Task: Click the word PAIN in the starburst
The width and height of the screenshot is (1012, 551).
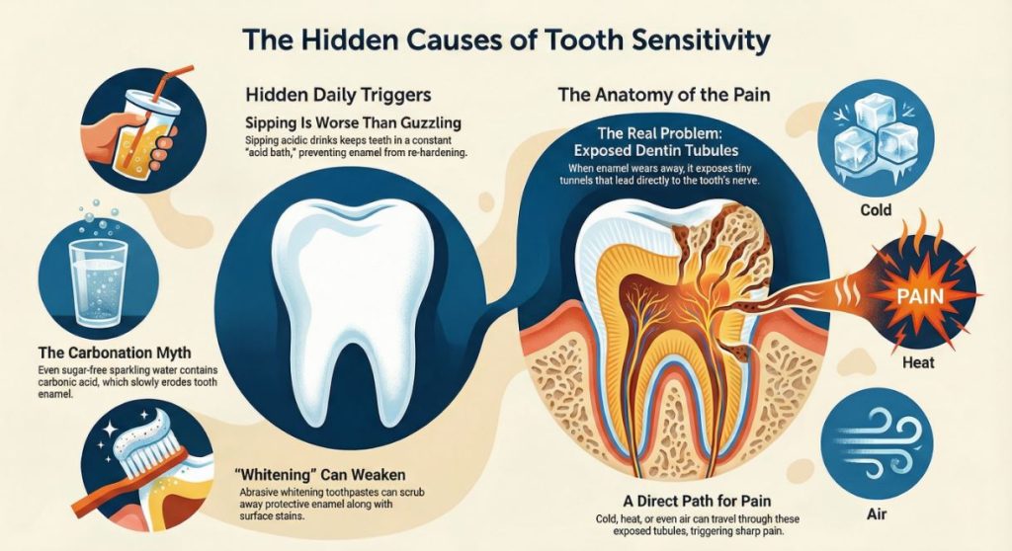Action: click(x=925, y=293)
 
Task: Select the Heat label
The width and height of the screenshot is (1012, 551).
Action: click(x=878, y=363)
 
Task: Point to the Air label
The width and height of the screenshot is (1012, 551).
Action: click(x=878, y=515)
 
